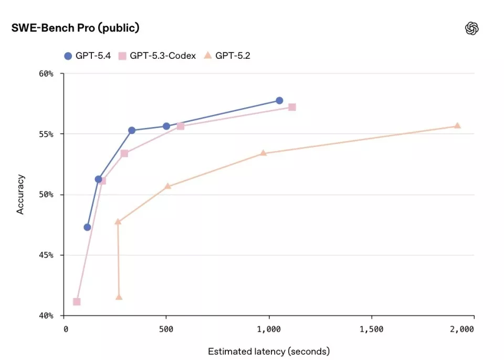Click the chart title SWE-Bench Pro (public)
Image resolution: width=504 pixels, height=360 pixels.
[75, 28]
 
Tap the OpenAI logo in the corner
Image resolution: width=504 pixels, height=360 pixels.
[472, 28]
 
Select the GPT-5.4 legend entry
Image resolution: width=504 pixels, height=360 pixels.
[87, 56]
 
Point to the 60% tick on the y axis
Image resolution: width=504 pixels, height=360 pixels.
[46, 73]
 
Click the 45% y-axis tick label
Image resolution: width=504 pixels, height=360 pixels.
[46, 255]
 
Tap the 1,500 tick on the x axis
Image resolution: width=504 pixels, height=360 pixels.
[371, 329]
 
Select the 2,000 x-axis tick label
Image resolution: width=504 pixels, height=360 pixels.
[462, 329]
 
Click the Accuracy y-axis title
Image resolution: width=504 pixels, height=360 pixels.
[20, 195]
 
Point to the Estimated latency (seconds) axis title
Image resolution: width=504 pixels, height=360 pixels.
[269, 351]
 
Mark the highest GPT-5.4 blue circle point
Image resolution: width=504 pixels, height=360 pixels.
[279, 100]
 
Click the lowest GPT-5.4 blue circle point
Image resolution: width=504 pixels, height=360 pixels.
[87, 227]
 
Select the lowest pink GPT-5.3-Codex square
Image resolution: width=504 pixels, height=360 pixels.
[77, 302]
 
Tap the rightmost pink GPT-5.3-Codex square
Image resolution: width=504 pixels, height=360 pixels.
[292, 107]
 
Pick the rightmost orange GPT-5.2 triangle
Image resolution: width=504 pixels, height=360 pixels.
[457, 125]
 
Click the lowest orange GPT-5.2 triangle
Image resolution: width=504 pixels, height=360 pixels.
[119, 297]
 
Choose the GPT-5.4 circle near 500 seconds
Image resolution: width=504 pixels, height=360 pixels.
[166, 126]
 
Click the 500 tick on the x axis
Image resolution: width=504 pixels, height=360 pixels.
[166, 329]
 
